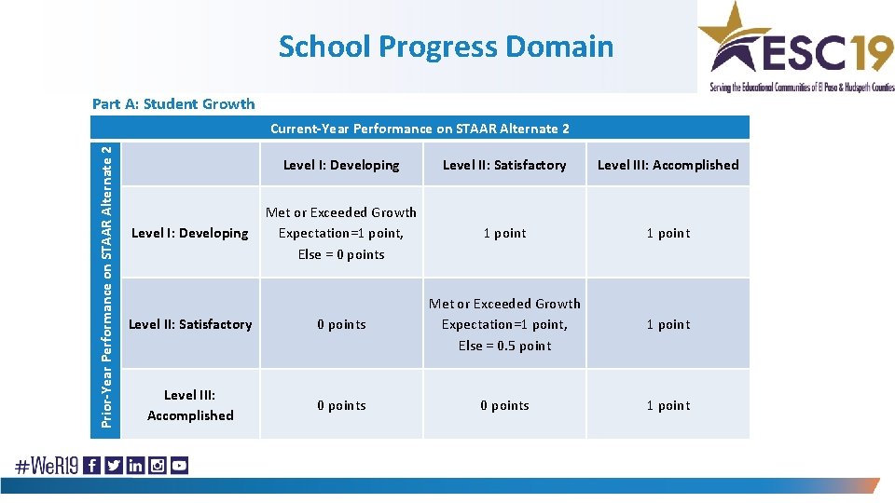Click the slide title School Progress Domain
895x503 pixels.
coord(446,46)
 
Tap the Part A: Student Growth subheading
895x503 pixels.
coord(172,103)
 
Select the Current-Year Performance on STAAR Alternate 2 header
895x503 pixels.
coord(420,129)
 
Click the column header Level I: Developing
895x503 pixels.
coord(341,165)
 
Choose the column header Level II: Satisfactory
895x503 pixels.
coord(504,165)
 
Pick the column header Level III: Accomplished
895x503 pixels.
coord(668,165)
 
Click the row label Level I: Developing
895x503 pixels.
coord(190,233)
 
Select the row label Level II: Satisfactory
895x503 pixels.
coord(190,324)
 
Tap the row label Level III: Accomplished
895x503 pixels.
coord(190,405)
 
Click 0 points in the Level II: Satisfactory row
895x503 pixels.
coord(341,324)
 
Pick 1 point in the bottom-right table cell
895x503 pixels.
coord(668,405)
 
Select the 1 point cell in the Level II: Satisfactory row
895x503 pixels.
coord(668,324)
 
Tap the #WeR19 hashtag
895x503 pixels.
coord(46,465)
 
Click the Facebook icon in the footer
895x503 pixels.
coord(92,465)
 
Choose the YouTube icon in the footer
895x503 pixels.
coord(179,465)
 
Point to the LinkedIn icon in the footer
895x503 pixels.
coord(136,465)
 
